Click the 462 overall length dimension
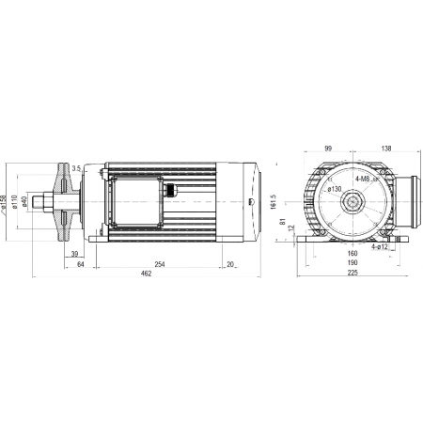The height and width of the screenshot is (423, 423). click(146, 274)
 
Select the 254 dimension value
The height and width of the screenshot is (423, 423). click(160, 264)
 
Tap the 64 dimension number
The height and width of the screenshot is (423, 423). click(81, 264)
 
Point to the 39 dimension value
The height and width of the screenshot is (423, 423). click(74, 254)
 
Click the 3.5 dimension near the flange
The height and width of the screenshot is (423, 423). click(76, 168)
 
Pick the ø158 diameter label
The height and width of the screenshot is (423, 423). click(4, 202)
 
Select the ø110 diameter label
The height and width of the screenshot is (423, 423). click(14, 202)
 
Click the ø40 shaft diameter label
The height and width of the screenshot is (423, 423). click(24, 202)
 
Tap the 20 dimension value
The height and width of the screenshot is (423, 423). click(230, 264)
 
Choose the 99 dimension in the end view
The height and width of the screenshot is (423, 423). click(328, 149)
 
